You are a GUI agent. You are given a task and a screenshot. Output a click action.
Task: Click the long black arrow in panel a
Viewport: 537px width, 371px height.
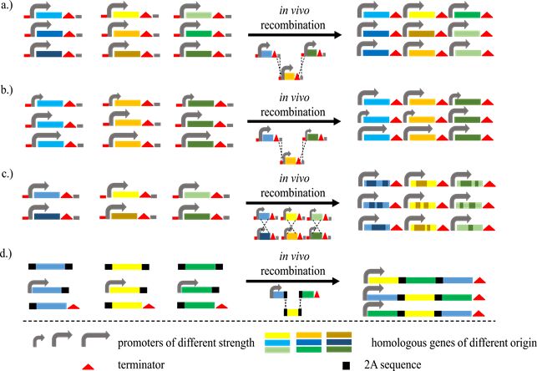pos(296,34)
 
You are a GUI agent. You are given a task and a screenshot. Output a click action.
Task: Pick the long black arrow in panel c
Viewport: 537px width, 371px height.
pos(296,201)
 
